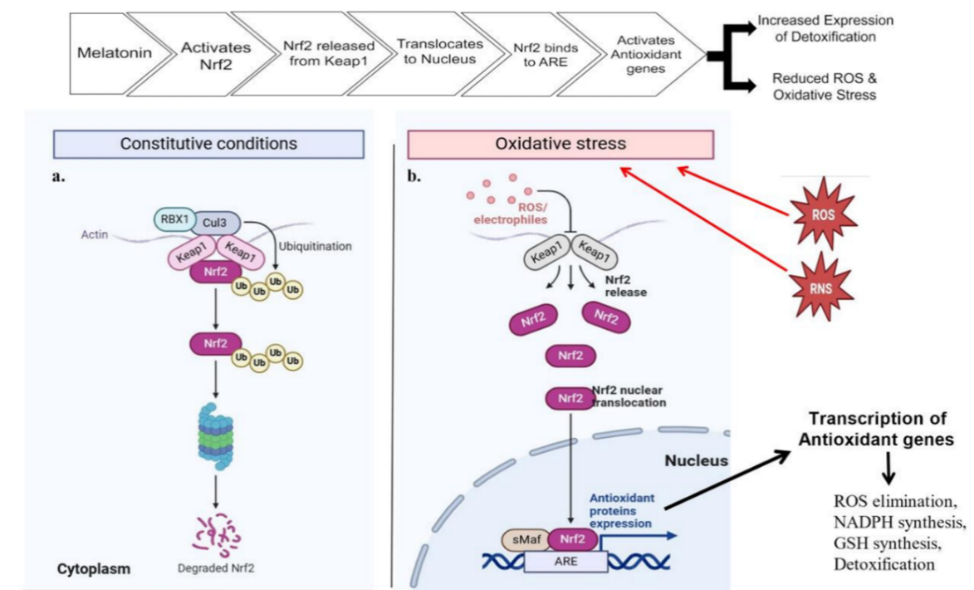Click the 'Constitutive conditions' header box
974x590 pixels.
[x=208, y=144]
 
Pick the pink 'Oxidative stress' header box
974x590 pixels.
[x=560, y=144]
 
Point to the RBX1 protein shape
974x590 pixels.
[x=171, y=219]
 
